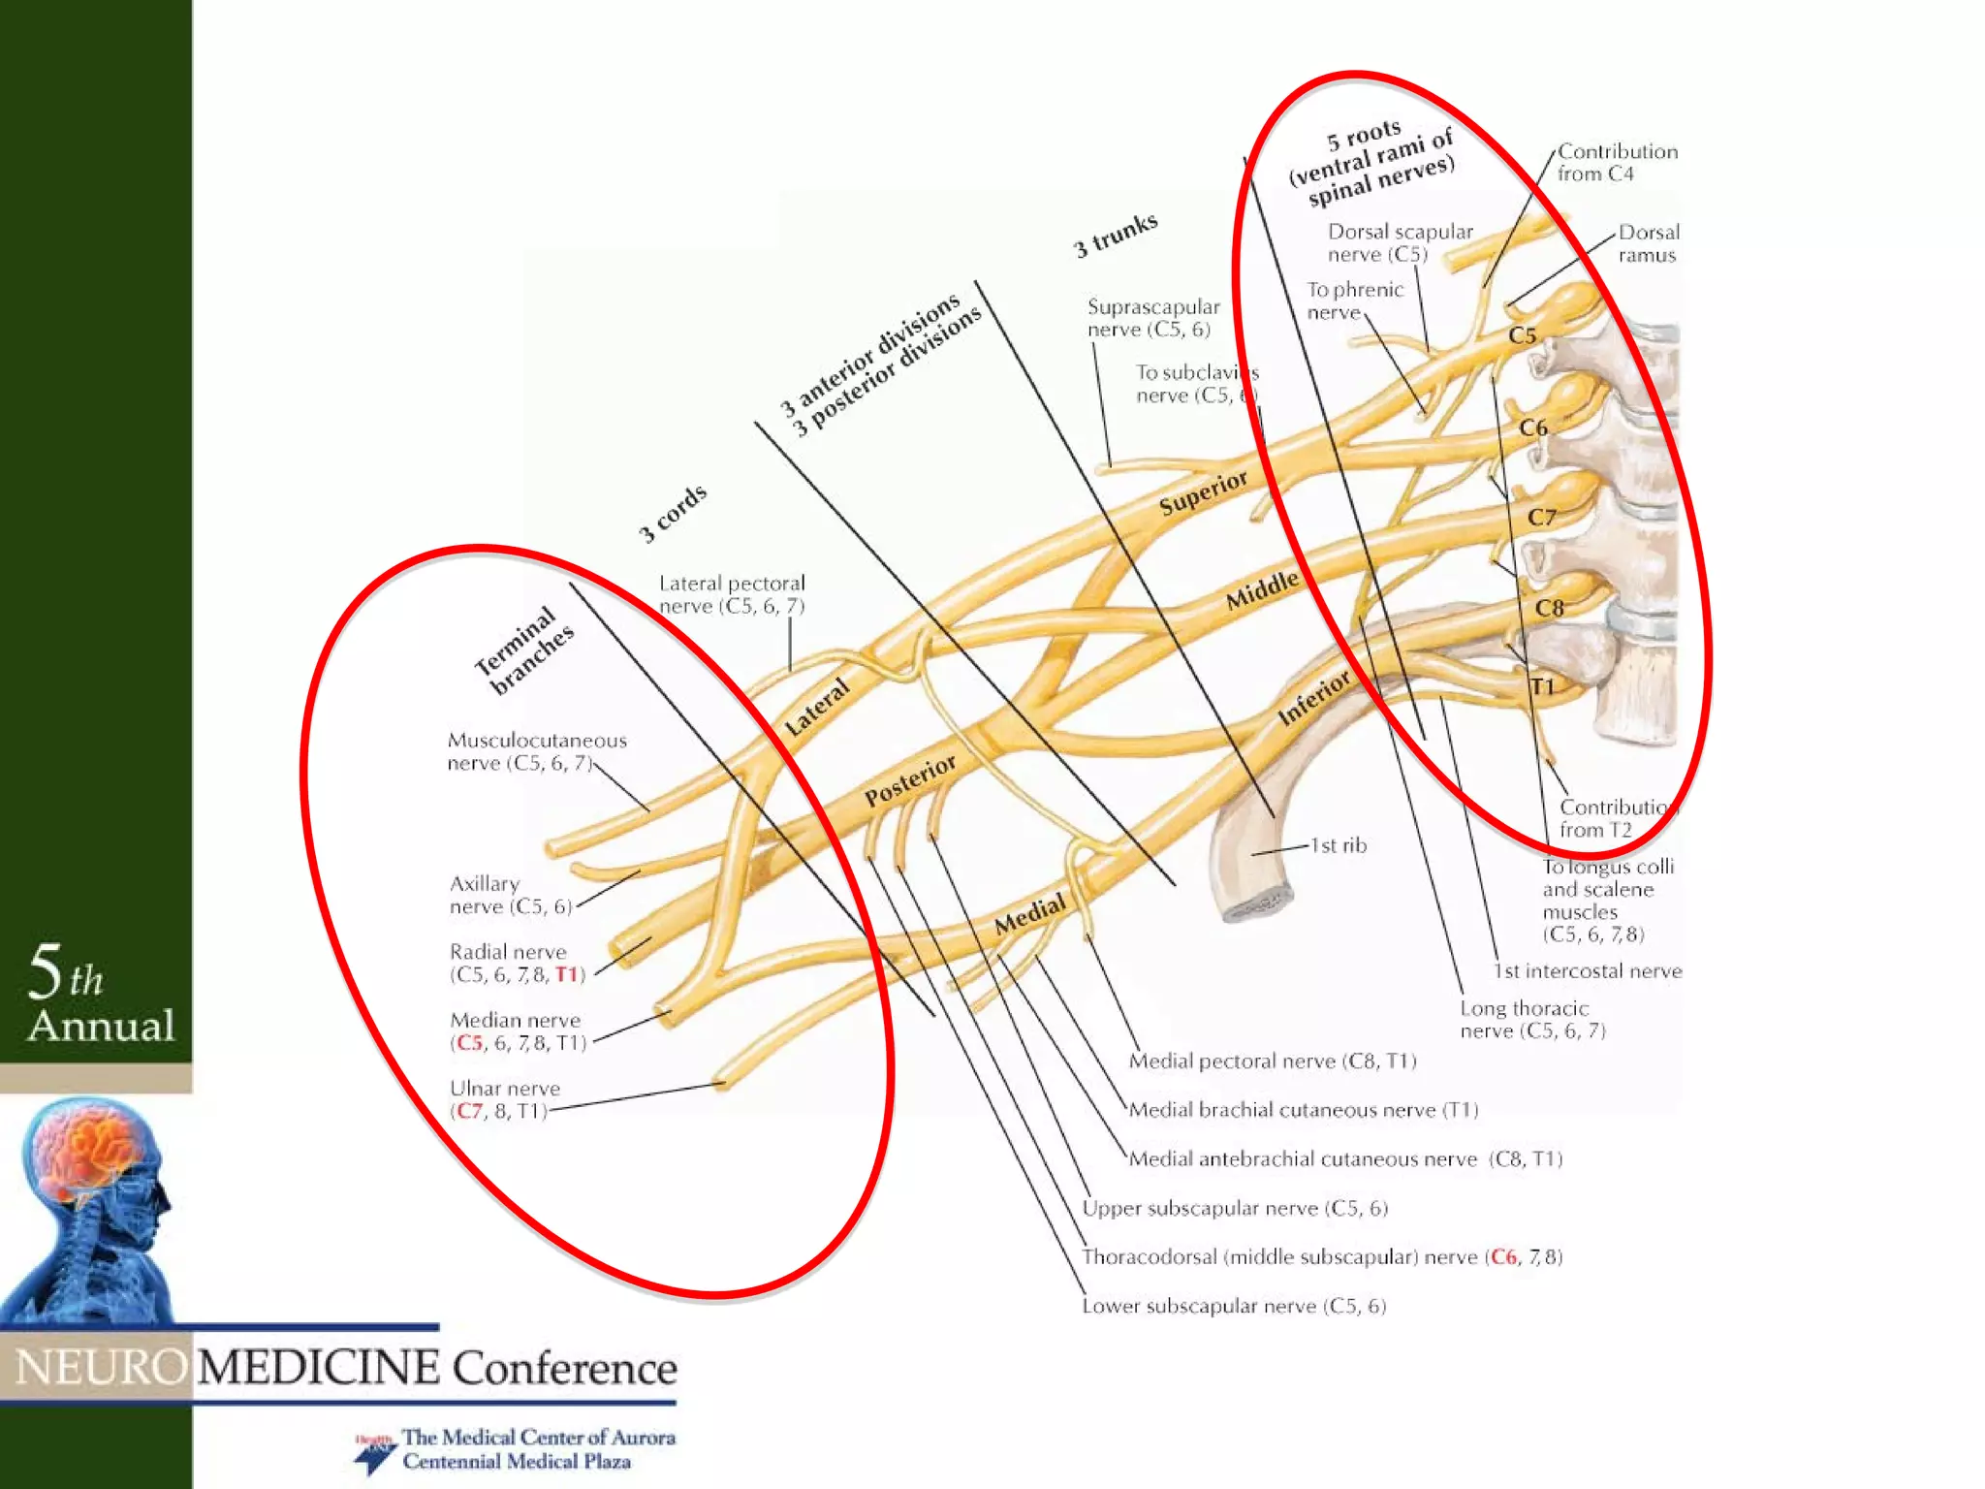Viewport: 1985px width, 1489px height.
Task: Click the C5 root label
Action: [x=1522, y=335]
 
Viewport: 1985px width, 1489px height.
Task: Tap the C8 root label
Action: [x=1549, y=608]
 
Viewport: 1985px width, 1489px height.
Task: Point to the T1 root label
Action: [x=1542, y=686]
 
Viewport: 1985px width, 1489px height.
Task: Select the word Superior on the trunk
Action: [x=1204, y=492]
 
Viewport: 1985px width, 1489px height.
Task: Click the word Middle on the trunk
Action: [x=1262, y=589]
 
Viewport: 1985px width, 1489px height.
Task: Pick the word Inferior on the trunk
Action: [x=1313, y=697]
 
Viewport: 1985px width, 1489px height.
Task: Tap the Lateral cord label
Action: [x=816, y=707]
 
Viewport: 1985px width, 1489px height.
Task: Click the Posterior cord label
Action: [x=910, y=780]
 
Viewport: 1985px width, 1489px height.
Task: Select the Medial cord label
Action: [x=1029, y=914]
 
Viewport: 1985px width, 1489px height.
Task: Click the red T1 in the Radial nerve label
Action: [x=567, y=974]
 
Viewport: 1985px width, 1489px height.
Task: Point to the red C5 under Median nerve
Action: [x=469, y=1043]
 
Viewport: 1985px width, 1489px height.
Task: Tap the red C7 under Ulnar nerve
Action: [x=469, y=1111]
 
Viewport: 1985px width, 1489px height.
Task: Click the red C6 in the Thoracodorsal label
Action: [x=1503, y=1257]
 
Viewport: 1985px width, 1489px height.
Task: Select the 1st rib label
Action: [x=1339, y=845]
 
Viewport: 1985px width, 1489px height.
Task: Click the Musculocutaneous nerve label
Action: [x=536, y=751]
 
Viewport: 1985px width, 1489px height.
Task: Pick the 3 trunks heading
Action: [x=1116, y=235]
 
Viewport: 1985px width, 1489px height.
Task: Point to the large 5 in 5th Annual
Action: [x=45, y=971]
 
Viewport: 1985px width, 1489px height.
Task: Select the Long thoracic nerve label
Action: [x=1531, y=1020]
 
